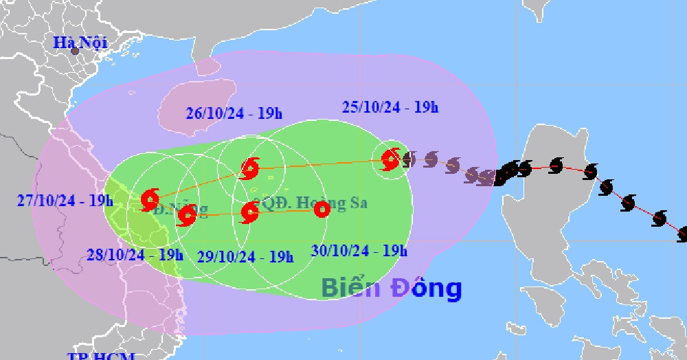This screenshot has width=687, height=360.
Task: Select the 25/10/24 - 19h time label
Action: [x=390, y=107]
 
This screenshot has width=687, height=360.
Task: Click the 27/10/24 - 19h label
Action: [x=65, y=201]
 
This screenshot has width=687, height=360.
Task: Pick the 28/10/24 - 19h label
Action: [x=135, y=255]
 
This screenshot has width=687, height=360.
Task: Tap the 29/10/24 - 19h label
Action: [x=245, y=256]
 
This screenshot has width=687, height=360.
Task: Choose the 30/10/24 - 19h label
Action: [x=359, y=251]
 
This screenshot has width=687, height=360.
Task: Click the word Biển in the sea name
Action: [x=351, y=288]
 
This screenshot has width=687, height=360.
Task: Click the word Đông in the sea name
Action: [x=427, y=288]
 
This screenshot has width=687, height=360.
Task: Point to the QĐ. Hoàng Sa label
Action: [x=313, y=203]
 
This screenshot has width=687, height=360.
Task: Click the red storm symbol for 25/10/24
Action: [x=391, y=160]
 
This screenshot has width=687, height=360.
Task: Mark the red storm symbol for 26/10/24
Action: [x=250, y=167]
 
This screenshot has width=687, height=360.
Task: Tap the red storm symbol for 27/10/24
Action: [x=149, y=200]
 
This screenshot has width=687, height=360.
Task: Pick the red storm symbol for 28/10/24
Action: [x=187, y=216]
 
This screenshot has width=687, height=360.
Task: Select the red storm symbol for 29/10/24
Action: [x=249, y=212]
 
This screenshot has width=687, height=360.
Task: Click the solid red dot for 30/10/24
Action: [x=321, y=210]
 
